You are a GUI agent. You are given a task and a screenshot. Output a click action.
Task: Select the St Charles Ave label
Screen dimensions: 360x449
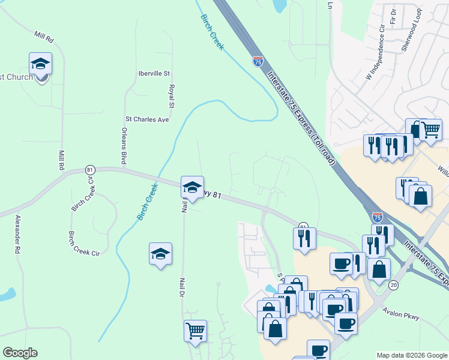[147, 119]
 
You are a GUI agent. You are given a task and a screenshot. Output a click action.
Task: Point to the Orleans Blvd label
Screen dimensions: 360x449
[124, 146]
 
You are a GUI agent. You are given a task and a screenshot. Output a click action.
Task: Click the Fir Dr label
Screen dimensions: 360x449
[394, 17]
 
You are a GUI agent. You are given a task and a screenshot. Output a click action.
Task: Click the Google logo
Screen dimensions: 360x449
[20, 353]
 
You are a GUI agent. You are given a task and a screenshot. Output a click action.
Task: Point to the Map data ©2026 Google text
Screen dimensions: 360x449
[412, 355]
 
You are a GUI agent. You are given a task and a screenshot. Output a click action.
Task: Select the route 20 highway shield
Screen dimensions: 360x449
[393, 284]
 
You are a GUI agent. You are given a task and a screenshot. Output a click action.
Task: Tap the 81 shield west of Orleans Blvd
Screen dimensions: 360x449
[90, 170]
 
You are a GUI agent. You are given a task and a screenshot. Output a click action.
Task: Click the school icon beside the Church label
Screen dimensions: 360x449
[40, 64]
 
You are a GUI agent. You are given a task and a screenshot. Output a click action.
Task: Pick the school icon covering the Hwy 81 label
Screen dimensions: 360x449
[193, 188]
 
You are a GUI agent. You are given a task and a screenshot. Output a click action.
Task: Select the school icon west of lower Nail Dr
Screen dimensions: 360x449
[161, 254]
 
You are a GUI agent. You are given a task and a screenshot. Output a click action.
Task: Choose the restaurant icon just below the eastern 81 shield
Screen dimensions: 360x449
[304, 238]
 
